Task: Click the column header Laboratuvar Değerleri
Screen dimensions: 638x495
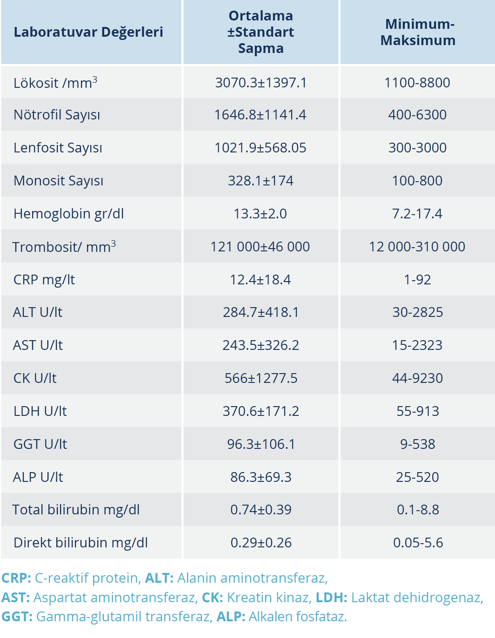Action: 88,32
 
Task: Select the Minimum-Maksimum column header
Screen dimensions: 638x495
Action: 418,32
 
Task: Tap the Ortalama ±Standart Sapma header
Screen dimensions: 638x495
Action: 261,32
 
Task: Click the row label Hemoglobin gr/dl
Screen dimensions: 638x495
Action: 69,214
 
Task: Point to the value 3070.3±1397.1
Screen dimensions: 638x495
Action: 261,83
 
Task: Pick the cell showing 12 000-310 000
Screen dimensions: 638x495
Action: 417,247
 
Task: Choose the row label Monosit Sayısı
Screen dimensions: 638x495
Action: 59,181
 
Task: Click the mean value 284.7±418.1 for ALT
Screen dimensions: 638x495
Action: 261,312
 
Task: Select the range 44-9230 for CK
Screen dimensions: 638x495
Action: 417,378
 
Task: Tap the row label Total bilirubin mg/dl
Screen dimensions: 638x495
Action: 76,510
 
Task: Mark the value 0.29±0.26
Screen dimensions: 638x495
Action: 261,543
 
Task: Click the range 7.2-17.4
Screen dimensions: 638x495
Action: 417,214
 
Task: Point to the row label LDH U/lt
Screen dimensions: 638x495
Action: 40,411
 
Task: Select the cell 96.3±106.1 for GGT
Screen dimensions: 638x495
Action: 261,444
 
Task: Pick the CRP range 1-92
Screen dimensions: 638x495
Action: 417,280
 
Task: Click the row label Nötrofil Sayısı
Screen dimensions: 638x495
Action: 57,115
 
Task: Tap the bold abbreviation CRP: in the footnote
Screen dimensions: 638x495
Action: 16,578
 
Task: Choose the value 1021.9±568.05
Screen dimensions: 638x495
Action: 261,148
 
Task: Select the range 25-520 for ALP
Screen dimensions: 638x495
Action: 417,477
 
